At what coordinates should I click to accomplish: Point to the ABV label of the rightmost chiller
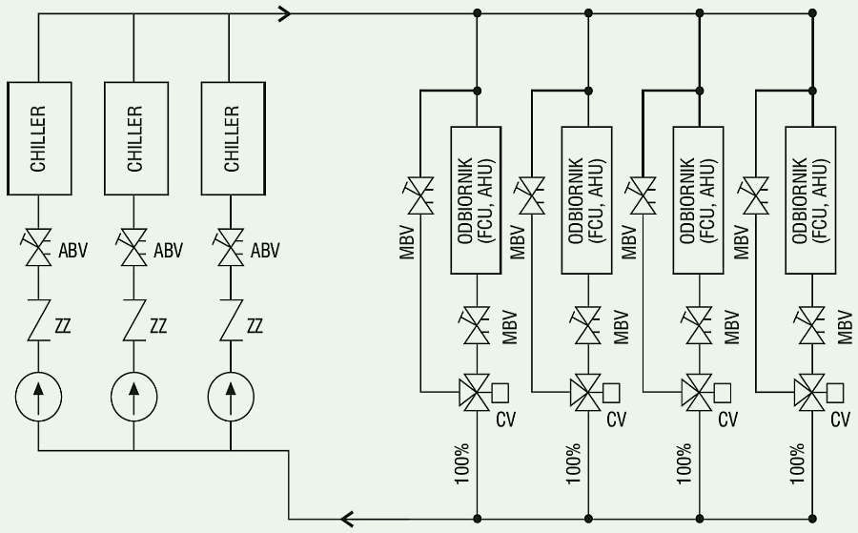point(265,251)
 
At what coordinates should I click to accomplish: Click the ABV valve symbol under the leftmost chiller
point(38,247)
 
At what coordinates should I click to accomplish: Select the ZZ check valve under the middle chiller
point(134,320)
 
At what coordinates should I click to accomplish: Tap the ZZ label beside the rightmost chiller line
point(255,326)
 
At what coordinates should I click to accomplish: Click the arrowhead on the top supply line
point(284,13)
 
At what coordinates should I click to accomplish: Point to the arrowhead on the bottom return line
point(347,518)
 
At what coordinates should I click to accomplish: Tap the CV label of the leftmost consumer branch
point(505,420)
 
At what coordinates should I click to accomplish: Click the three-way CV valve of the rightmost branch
point(810,393)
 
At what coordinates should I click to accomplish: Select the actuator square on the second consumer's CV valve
point(611,393)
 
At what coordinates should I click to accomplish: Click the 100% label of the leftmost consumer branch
point(462,463)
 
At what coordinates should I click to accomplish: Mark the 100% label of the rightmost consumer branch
point(797,463)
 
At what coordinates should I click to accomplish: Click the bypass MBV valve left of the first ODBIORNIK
point(420,195)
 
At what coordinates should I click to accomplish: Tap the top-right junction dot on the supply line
point(812,12)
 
